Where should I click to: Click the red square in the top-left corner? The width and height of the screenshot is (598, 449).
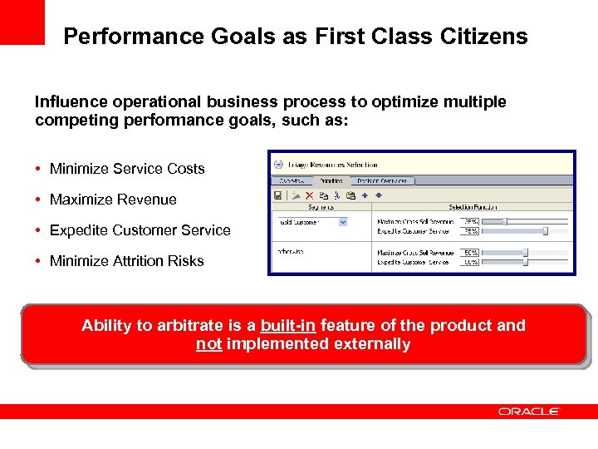click(22, 22)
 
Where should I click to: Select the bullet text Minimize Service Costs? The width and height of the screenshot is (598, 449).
click(127, 169)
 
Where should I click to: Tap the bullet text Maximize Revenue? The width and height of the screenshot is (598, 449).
click(113, 200)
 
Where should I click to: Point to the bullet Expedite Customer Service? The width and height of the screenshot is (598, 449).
click(140, 230)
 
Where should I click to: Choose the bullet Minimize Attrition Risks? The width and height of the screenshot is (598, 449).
click(126, 261)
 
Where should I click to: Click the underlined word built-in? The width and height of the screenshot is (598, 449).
click(287, 325)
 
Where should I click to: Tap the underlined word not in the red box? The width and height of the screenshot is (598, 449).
click(208, 344)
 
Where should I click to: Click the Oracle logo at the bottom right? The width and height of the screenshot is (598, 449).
click(529, 412)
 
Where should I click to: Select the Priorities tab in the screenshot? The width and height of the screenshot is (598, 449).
click(330, 180)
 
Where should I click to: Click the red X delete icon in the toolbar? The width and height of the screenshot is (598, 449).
click(308, 195)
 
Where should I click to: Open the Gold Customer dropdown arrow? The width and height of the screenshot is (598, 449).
click(342, 222)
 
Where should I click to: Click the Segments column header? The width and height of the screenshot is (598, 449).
click(321, 207)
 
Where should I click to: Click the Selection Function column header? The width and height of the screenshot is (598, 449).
click(472, 207)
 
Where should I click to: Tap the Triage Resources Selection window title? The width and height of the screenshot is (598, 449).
click(332, 165)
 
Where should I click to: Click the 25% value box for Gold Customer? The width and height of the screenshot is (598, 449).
click(471, 221)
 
